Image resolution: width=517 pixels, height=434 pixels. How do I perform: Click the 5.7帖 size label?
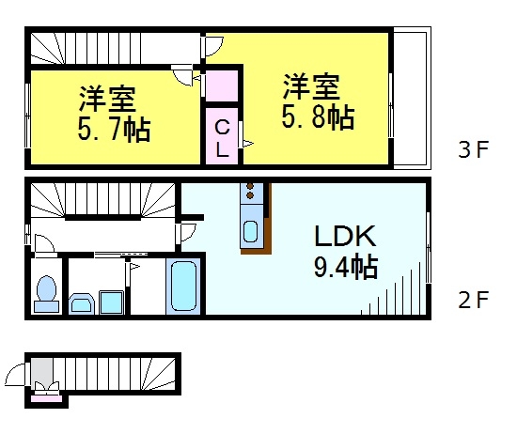click(x=116, y=129)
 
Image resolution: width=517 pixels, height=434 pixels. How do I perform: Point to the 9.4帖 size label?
click(x=345, y=269)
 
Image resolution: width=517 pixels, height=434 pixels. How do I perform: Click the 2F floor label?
click(x=474, y=302)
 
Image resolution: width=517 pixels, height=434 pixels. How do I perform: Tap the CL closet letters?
click(x=222, y=136)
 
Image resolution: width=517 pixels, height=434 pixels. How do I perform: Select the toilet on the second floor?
click(x=44, y=294)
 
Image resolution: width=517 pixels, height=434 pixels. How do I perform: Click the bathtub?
click(x=183, y=287)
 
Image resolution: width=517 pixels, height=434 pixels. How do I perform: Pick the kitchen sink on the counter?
click(x=253, y=232)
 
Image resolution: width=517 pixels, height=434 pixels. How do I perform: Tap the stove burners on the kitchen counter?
click(x=253, y=194)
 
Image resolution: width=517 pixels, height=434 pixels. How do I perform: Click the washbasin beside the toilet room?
click(x=81, y=303)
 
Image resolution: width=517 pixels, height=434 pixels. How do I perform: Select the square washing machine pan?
click(x=112, y=302)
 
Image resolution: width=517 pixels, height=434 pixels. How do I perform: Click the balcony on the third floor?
click(x=411, y=98)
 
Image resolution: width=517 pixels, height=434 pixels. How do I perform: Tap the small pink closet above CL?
click(x=222, y=86)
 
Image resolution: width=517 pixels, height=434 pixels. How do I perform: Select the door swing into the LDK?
click(x=189, y=228)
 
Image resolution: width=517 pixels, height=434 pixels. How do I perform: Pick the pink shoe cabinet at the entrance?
click(x=45, y=396)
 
